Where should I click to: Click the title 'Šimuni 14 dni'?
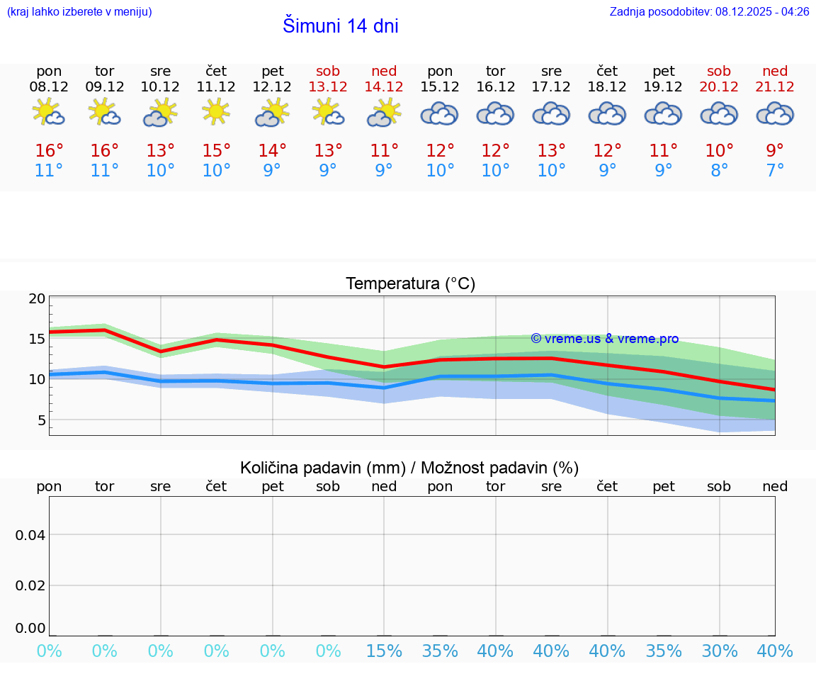(x=340, y=26)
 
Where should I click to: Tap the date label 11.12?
(x=216, y=87)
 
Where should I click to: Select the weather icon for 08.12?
(x=49, y=113)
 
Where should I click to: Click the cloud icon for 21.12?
(x=775, y=113)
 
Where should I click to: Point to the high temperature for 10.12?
(x=161, y=151)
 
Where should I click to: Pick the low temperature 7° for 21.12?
(x=775, y=171)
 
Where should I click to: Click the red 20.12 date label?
(x=719, y=87)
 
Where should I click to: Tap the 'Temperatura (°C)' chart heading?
(x=410, y=284)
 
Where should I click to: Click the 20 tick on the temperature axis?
(x=37, y=298)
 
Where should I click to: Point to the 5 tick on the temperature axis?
(x=40, y=420)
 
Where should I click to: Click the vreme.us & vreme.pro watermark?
(x=604, y=339)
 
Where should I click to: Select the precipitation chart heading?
(x=409, y=468)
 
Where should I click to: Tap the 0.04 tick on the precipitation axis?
(x=30, y=535)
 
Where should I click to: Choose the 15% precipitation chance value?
(x=384, y=651)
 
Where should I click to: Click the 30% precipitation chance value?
(x=720, y=651)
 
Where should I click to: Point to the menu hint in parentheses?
(x=79, y=11)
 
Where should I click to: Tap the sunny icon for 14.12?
(x=384, y=113)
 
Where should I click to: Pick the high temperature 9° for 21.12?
(x=775, y=151)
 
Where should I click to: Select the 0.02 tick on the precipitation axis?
(x=30, y=585)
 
